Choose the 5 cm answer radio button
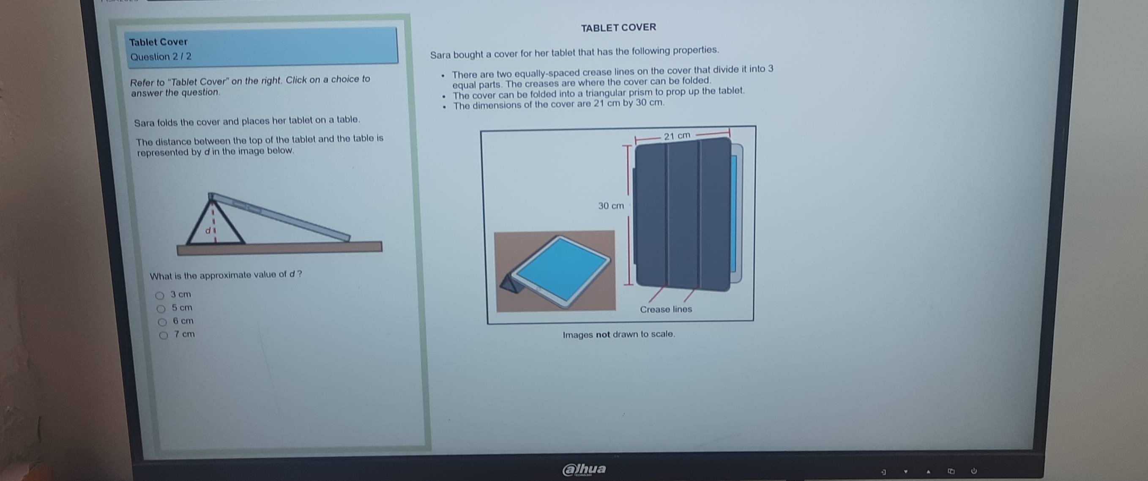tap(161, 309)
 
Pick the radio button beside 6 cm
tap(163, 322)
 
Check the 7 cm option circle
tap(164, 335)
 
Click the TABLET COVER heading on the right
tap(618, 27)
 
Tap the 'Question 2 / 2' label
tap(161, 57)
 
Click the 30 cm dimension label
tap(611, 206)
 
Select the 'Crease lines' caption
tap(666, 309)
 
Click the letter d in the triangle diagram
tap(208, 231)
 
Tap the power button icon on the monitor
tap(974, 470)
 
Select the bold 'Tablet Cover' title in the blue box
tap(158, 42)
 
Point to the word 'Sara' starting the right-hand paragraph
tap(440, 55)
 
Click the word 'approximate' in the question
tap(225, 276)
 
